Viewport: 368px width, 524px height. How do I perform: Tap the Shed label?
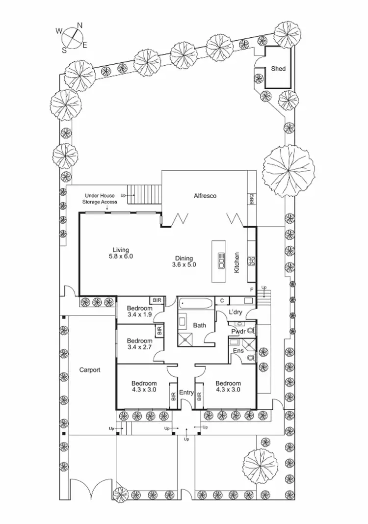click(278, 69)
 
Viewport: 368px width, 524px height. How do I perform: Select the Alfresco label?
click(206, 196)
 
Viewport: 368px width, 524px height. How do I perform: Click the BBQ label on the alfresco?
click(252, 200)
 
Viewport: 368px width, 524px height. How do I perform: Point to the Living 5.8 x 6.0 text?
click(121, 253)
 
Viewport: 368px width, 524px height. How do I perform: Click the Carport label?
click(90, 370)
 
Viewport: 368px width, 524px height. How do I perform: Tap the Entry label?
click(186, 393)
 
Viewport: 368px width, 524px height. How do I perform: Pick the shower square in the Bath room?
click(186, 338)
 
